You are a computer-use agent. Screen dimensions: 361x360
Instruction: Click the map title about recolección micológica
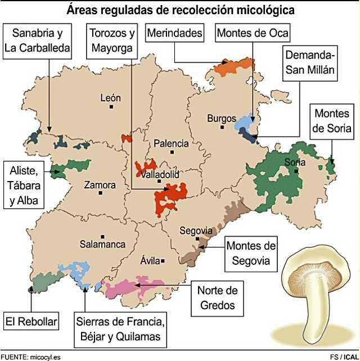tap(180, 10)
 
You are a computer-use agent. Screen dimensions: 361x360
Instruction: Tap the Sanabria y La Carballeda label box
tap(37, 40)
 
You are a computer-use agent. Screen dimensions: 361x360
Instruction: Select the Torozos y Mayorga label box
tap(112, 40)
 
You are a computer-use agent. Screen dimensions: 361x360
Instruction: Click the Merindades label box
tap(174, 33)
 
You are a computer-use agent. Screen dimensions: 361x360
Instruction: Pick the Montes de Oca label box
tap(253, 33)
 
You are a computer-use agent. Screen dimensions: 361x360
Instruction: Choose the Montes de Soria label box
tap(334, 122)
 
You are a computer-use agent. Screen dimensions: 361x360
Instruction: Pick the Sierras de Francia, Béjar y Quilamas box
tap(121, 330)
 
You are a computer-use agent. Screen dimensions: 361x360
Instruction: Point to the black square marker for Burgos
tap(222, 127)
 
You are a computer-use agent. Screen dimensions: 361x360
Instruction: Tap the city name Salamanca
tap(102, 245)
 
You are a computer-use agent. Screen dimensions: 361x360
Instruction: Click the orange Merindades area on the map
tap(233, 66)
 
